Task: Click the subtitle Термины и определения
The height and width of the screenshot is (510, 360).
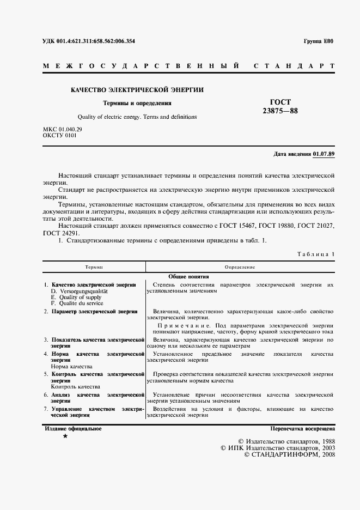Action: click(x=137, y=102)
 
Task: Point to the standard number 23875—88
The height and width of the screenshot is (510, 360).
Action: click(x=280, y=112)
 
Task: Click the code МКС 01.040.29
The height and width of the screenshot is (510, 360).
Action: click(x=62, y=129)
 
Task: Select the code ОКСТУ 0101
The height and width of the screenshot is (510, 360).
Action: click(x=59, y=135)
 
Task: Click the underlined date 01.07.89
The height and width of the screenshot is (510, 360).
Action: click(x=324, y=154)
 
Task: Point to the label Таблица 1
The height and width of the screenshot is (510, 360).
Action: click(x=316, y=254)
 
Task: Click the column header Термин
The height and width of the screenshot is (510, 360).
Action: click(x=94, y=267)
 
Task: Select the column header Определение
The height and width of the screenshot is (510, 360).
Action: click(x=240, y=267)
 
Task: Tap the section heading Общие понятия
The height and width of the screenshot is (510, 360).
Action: click(x=188, y=276)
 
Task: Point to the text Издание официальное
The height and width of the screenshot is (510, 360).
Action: click(x=73, y=429)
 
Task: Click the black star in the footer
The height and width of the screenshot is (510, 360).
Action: click(x=65, y=437)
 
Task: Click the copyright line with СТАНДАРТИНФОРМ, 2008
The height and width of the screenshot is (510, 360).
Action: click(x=290, y=454)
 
